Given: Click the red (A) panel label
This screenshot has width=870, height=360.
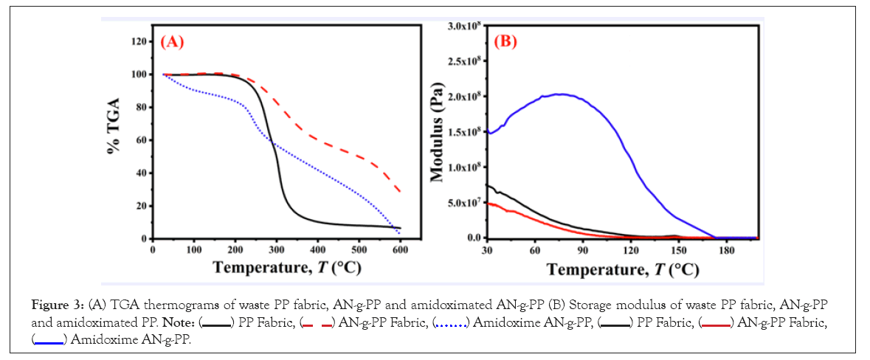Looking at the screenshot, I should [x=172, y=42].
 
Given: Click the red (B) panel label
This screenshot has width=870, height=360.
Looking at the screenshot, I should [x=505, y=41].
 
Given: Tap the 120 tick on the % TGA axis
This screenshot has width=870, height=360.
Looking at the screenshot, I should [x=137, y=41].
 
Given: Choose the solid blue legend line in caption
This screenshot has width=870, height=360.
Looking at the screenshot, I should [x=49, y=339].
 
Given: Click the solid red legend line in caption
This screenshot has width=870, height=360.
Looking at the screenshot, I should [x=715, y=323].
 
